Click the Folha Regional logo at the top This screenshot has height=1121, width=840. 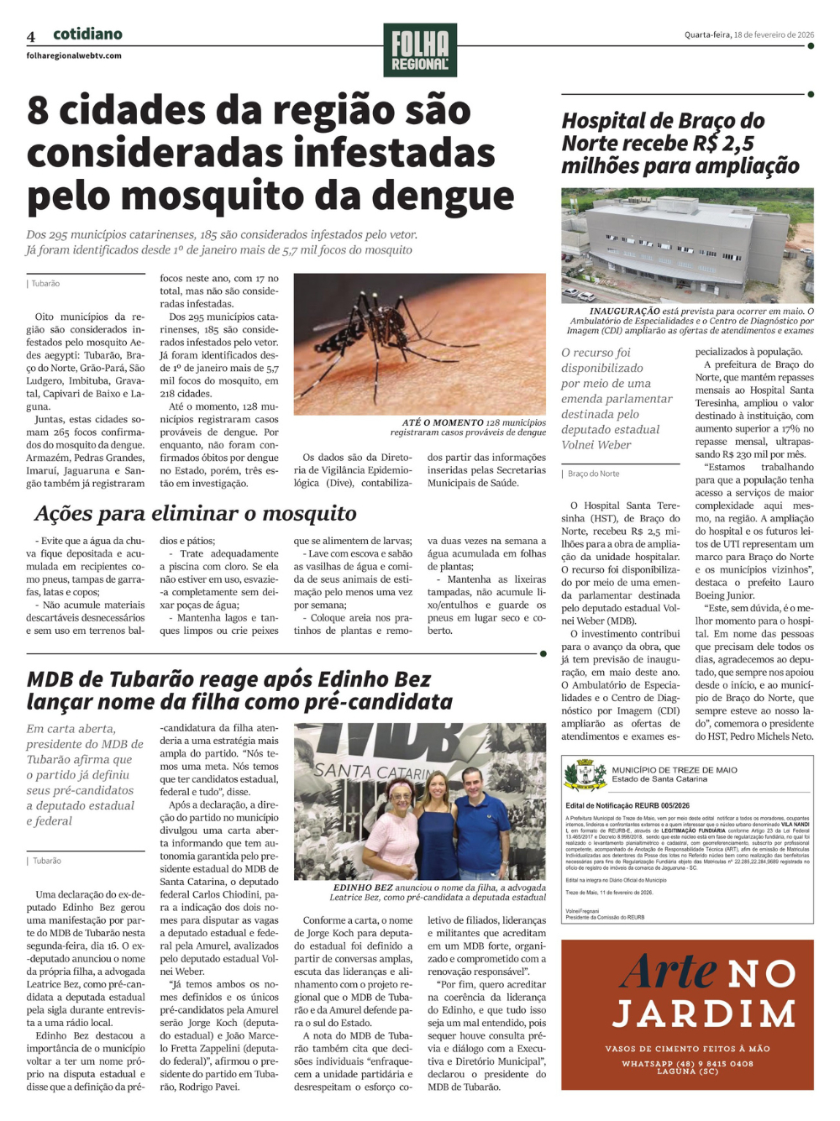coord(420,50)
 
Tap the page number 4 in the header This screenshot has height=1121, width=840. coord(31,37)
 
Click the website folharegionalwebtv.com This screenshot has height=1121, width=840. coord(74,56)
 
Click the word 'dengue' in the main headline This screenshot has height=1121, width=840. coord(443,196)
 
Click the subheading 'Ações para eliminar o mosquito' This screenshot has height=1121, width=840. coord(196,514)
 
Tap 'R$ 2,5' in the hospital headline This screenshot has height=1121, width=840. coord(722,144)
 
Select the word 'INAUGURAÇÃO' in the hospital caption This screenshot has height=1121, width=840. coord(624,312)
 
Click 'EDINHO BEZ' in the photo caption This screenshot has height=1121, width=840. coord(363,888)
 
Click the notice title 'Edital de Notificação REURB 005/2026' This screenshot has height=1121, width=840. coord(627,805)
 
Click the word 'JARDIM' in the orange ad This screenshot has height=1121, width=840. coord(704,1014)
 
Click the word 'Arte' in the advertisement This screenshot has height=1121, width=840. coord(669,972)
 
